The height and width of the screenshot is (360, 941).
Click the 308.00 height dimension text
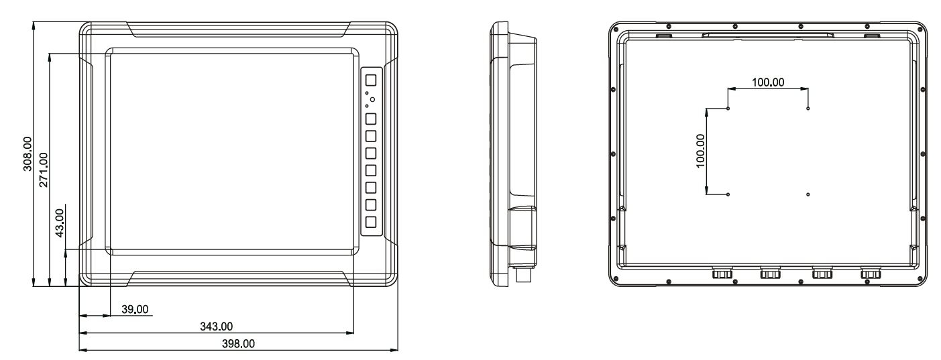(27, 154)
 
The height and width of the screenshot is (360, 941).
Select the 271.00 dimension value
(44, 170)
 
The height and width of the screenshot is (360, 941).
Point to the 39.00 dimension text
(135, 309)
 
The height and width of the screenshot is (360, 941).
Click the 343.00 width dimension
(218, 326)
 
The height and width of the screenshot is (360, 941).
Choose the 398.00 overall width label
(239, 344)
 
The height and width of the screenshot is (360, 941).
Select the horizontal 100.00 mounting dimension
(768, 82)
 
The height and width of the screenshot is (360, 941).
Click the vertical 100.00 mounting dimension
(701, 150)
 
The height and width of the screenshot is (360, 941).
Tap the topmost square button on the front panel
(371, 79)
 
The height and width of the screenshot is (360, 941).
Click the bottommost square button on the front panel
(371, 222)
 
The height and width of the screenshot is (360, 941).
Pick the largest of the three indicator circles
(372, 99)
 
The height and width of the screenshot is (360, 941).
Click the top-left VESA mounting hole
(728, 109)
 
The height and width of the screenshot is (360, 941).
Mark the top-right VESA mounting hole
(808, 109)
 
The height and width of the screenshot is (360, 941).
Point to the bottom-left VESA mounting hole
(728, 194)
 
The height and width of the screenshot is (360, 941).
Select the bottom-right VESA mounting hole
(808, 194)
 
